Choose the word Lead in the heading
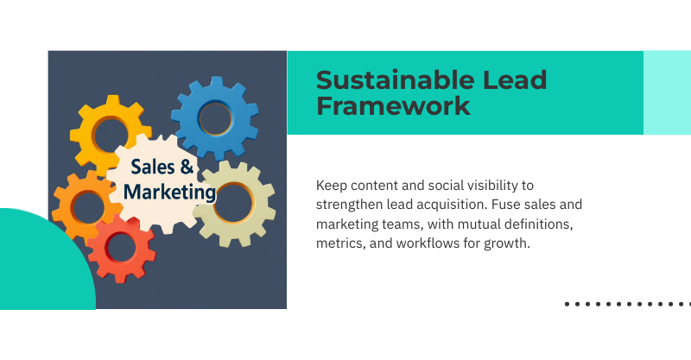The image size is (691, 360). click(516, 80)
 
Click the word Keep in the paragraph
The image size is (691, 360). click(331, 185)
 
